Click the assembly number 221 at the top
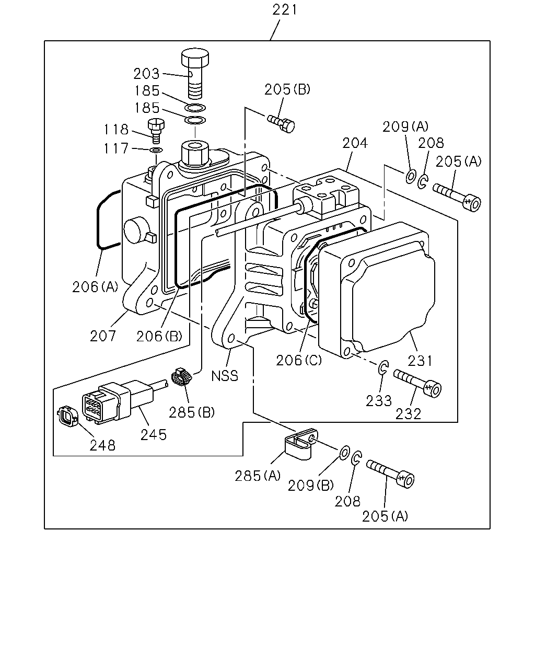click(x=284, y=10)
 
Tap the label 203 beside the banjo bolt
click(x=146, y=74)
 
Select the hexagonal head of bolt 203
click(x=195, y=57)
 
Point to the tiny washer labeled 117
click(x=156, y=151)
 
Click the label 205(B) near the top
click(x=287, y=89)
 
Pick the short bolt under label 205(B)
click(x=281, y=123)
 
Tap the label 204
click(x=355, y=143)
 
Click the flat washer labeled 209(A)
click(x=411, y=176)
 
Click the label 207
click(x=102, y=336)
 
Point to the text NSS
click(x=225, y=376)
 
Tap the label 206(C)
click(x=299, y=360)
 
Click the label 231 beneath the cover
click(x=420, y=361)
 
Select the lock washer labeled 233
click(x=383, y=368)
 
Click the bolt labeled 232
click(x=417, y=383)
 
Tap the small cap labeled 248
click(x=67, y=417)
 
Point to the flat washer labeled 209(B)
click(x=344, y=453)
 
